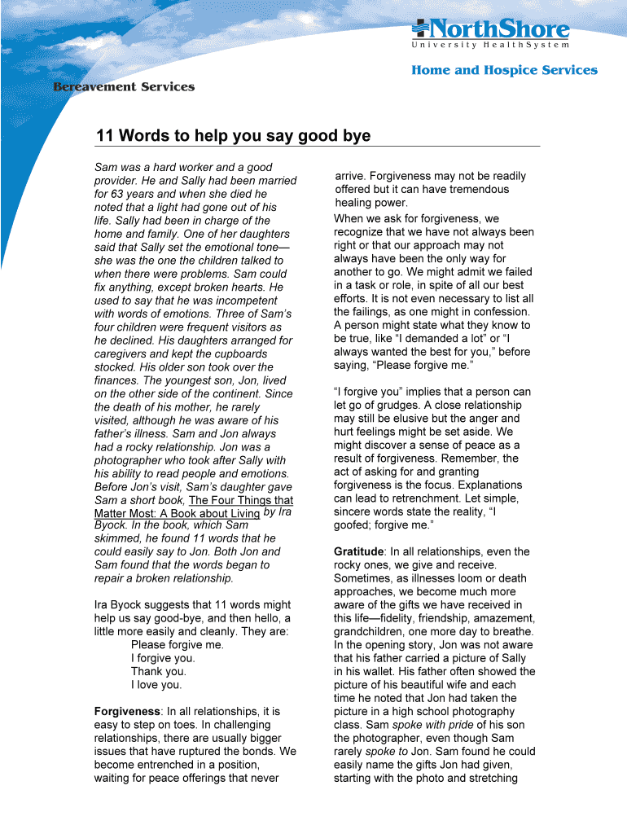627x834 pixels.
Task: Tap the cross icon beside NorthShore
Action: point(420,30)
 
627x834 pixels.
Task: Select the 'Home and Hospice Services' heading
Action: point(504,70)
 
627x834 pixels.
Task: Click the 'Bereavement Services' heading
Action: point(124,86)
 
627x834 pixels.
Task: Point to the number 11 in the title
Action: point(104,136)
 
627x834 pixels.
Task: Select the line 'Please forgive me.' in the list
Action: point(177,645)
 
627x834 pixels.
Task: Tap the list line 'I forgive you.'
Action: point(163,658)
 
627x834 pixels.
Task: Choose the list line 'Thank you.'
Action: point(158,671)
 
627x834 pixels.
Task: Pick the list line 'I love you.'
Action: point(156,685)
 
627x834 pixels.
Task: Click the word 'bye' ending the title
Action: point(355,136)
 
